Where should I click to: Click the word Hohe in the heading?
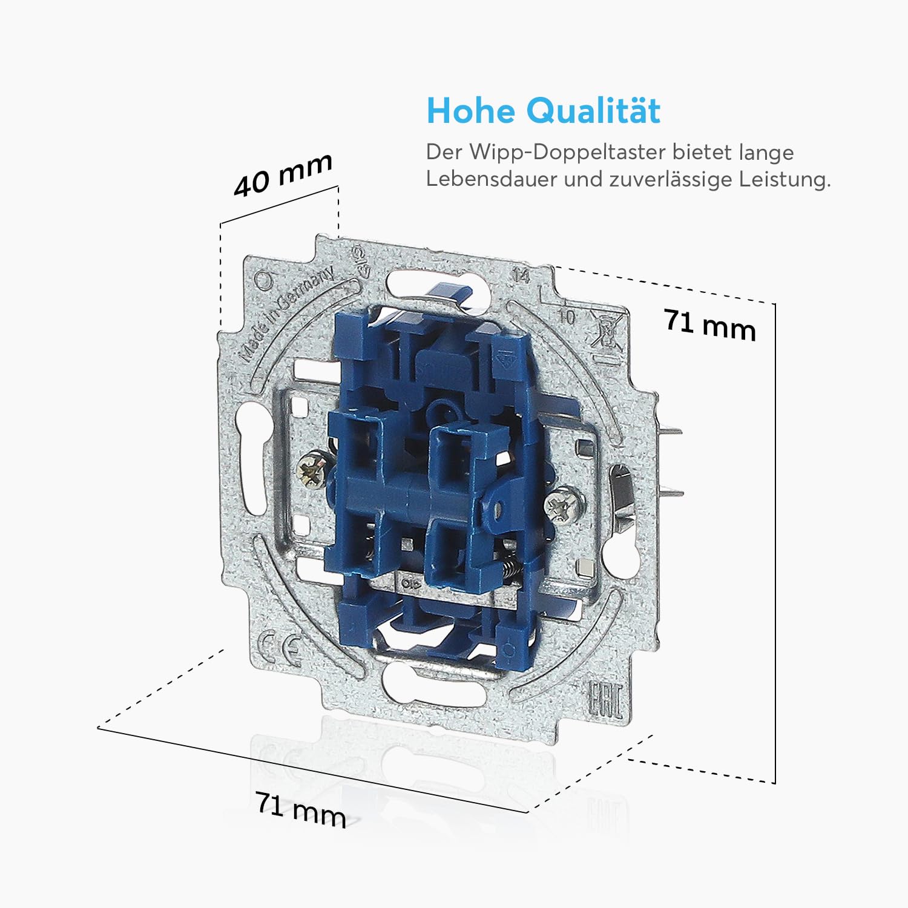(471, 111)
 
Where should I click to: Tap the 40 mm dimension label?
(283, 176)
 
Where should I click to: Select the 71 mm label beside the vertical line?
(710, 325)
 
